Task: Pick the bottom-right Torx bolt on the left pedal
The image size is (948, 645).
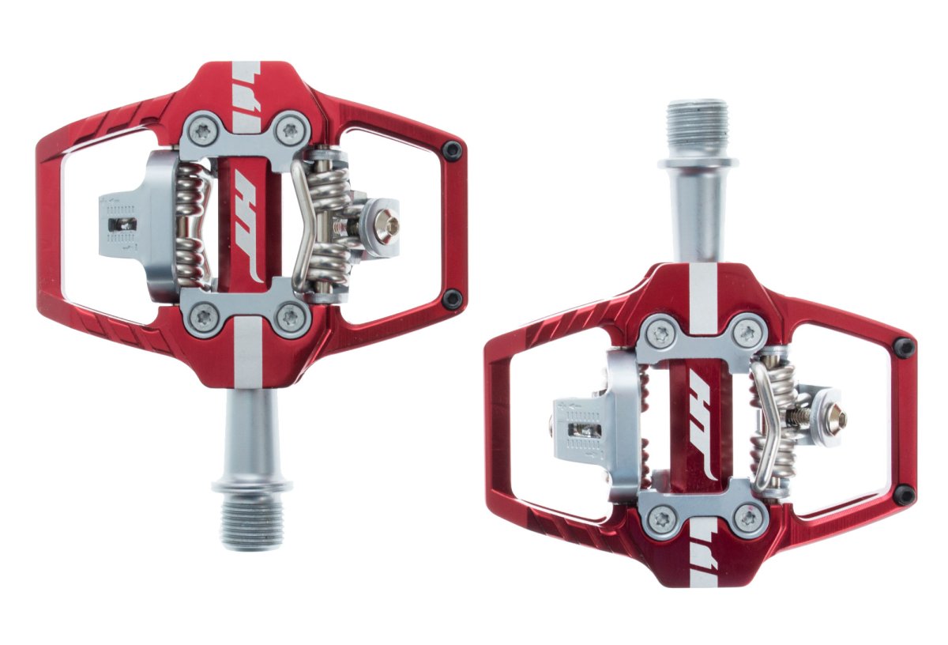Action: pyautogui.click(x=292, y=318)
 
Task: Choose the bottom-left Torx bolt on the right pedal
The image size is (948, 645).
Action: pyautogui.click(x=660, y=519)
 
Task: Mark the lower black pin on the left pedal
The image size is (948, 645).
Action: pyautogui.click(x=452, y=299)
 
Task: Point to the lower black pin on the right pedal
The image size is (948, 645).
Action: pyautogui.click(x=905, y=495)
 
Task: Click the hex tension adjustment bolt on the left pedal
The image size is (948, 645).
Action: pyautogui.click(x=386, y=227)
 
